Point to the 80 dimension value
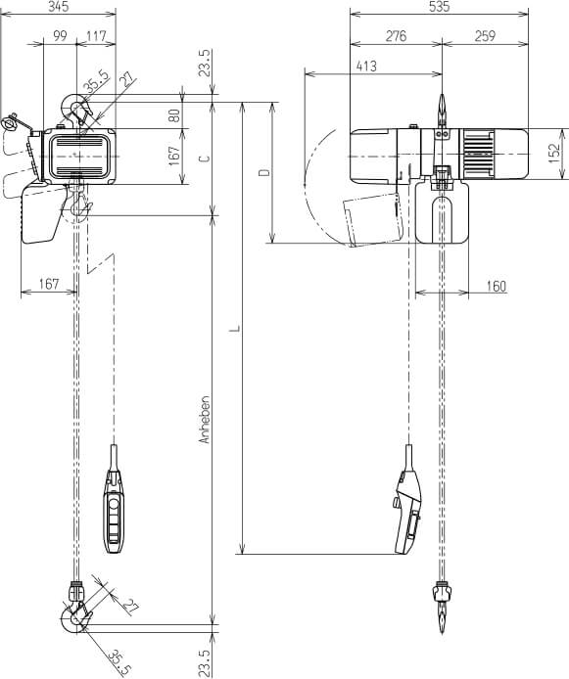click(x=175, y=113)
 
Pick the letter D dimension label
click(x=261, y=172)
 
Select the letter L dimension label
click(x=233, y=329)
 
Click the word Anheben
click(x=205, y=420)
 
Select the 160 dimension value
click(x=495, y=285)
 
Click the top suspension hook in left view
click(x=74, y=107)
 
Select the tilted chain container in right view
click(x=373, y=219)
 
